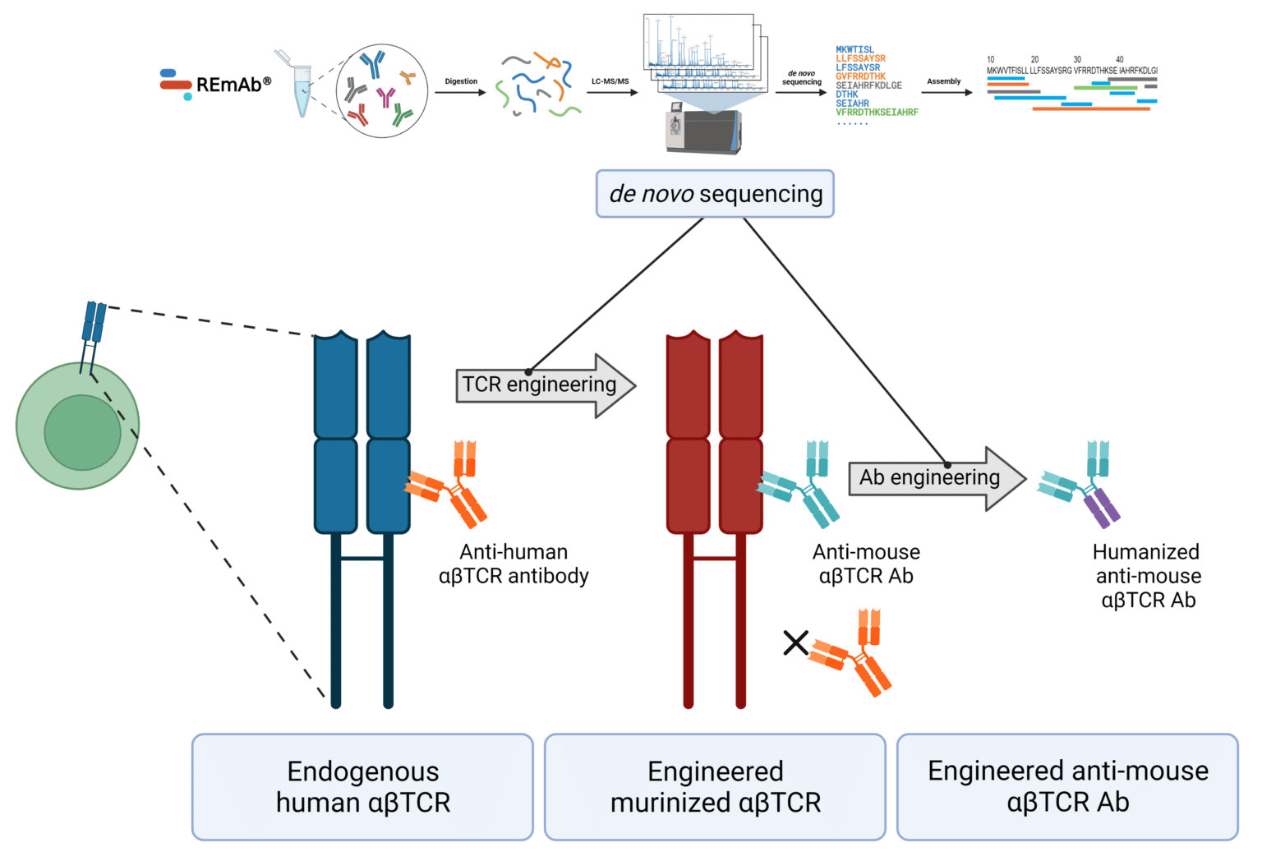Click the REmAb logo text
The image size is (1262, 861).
(x=228, y=85)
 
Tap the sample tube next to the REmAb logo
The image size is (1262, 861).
(x=302, y=87)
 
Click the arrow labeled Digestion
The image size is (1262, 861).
(x=460, y=92)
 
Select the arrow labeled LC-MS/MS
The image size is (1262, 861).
(x=611, y=92)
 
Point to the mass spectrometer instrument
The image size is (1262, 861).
(x=704, y=131)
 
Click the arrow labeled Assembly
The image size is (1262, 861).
(x=946, y=92)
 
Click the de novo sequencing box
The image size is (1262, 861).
(x=715, y=194)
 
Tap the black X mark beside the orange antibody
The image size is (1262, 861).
(x=795, y=642)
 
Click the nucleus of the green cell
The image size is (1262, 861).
(x=82, y=432)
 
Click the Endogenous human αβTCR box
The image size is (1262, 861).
(x=362, y=787)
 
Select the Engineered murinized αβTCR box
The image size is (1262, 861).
(x=715, y=787)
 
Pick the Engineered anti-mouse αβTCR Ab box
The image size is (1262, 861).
(x=1067, y=787)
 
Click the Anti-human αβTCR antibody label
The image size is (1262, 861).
(x=514, y=564)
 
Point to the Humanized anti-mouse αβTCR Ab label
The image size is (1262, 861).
(x=1147, y=576)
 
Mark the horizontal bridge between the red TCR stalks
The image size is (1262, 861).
(x=715, y=559)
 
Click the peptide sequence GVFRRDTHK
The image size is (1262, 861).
(x=860, y=76)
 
